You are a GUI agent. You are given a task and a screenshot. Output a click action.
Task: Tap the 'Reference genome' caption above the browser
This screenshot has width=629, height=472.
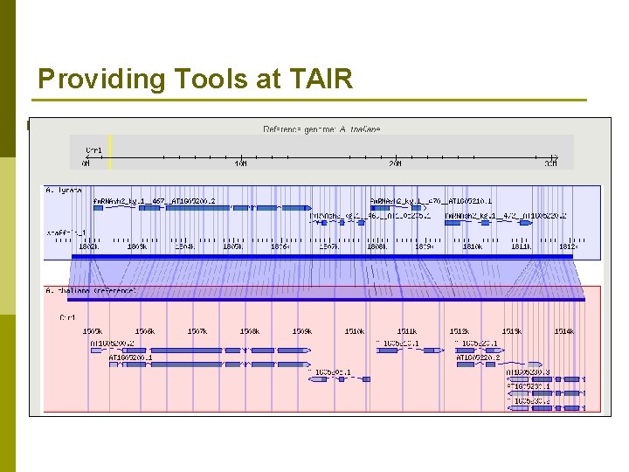click(x=321, y=129)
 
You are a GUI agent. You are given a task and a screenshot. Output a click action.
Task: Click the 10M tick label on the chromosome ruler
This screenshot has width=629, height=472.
click(x=240, y=163)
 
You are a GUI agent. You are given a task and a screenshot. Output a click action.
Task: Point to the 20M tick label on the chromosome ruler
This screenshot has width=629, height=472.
click(x=396, y=163)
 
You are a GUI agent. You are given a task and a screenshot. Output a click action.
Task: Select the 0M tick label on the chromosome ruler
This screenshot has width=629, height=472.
click(x=86, y=163)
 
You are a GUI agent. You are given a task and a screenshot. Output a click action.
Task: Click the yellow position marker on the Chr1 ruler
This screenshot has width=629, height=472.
click(x=110, y=151)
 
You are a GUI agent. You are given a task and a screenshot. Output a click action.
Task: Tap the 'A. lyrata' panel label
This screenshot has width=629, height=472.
click(x=64, y=189)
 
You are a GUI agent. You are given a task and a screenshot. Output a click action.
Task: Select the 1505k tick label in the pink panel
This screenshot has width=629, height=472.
click(x=93, y=331)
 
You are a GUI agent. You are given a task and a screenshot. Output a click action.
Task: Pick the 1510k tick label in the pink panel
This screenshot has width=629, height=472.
click(x=354, y=331)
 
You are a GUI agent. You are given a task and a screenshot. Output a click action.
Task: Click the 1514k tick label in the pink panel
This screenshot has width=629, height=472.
click(x=563, y=331)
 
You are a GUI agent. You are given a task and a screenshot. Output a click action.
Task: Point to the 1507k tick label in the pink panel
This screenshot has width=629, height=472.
click(x=197, y=331)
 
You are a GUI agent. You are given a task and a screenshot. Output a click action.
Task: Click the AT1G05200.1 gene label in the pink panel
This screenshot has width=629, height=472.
click(x=131, y=357)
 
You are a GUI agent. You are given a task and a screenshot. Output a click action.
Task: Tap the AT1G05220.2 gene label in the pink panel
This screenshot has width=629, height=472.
click(x=479, y=357)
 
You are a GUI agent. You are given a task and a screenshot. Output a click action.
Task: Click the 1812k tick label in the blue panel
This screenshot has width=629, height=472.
click(x=568, y=247)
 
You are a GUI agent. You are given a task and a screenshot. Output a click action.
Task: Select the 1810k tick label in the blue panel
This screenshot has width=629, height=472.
click(x=472, y=247)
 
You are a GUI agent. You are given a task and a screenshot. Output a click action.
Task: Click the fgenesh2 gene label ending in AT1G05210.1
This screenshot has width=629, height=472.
click(x=432, y=200)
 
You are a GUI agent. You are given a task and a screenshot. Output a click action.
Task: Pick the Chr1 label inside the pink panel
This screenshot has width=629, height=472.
click(x=67, y=316)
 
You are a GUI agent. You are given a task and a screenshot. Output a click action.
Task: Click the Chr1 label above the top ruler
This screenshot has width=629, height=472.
click(x=93, y=149)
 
